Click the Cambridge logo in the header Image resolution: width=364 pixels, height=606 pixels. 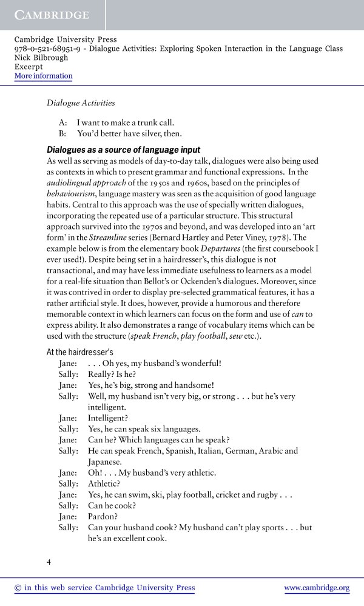[x=52, y=15]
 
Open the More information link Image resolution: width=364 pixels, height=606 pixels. [x=43, y=76]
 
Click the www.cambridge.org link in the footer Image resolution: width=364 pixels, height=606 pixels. [x=317, y=588]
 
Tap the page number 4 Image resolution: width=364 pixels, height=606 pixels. [x=49, y=561]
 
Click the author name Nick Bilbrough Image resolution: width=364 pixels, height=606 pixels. [x=41, y=58]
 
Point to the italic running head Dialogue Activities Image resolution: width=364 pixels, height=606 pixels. [x=81, y=103]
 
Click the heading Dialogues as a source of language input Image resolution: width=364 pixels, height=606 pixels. [x=123, y=150]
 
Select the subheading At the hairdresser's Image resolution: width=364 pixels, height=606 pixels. [x=79, y=352]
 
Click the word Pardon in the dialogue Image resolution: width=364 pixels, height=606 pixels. [x=102, y=516]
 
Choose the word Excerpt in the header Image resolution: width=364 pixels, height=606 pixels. [x=30, y=67]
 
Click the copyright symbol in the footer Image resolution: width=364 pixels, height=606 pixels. [x=17, y=588]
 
